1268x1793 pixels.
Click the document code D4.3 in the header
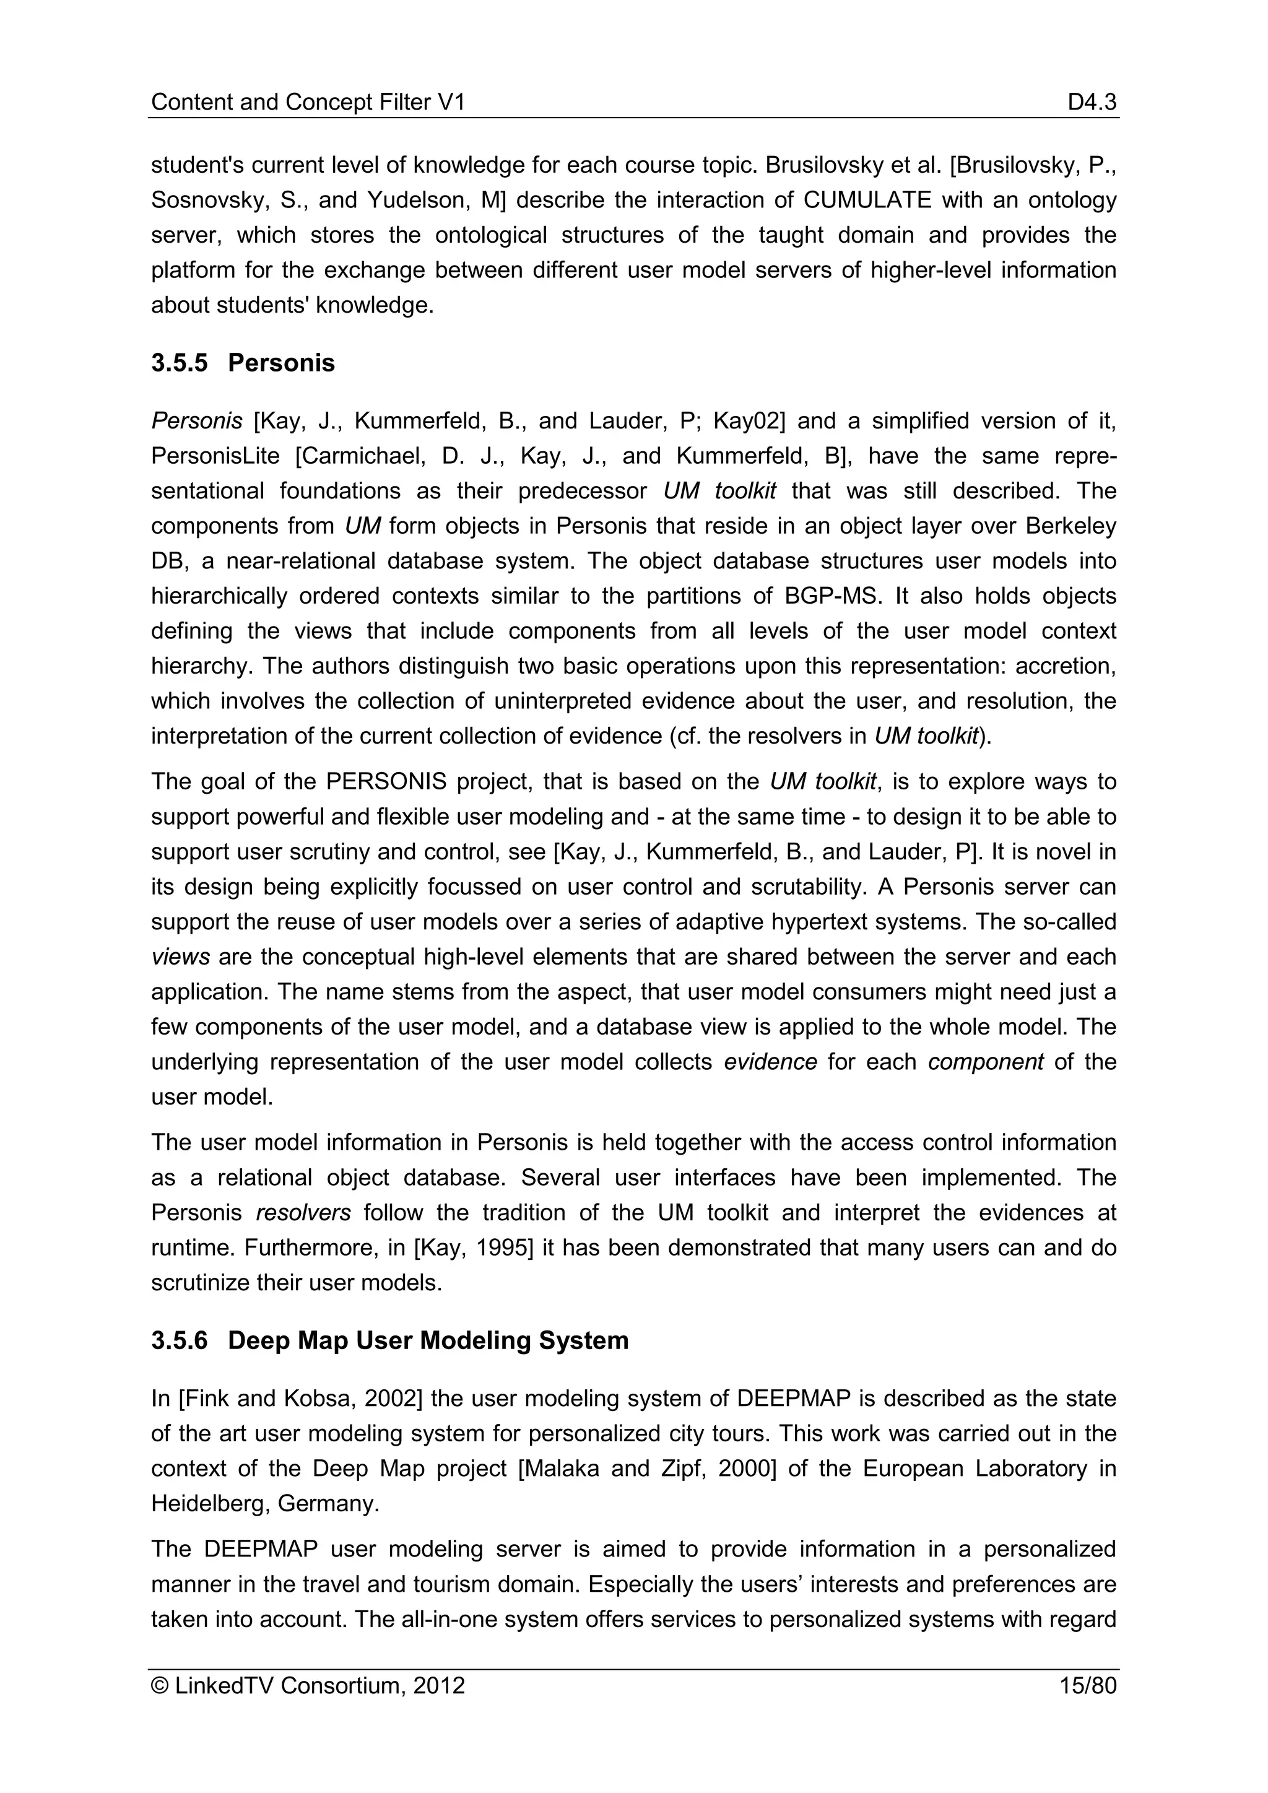(x=1092, y=102)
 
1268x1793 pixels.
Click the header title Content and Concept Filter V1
(x=308, y=102)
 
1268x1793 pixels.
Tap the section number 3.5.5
(x=180, y=363)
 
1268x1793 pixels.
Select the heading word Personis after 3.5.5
(x=281, y=363)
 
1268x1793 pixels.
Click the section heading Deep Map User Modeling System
(x=428, y=1340)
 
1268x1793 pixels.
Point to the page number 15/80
(x=1088, y=1685)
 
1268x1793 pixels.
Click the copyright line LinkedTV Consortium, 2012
(x=308, y=1685)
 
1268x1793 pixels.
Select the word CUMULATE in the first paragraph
(x=867, y=201)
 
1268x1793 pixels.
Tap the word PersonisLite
(x=215, y=456)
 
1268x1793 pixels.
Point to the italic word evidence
(x=770, y=1062)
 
